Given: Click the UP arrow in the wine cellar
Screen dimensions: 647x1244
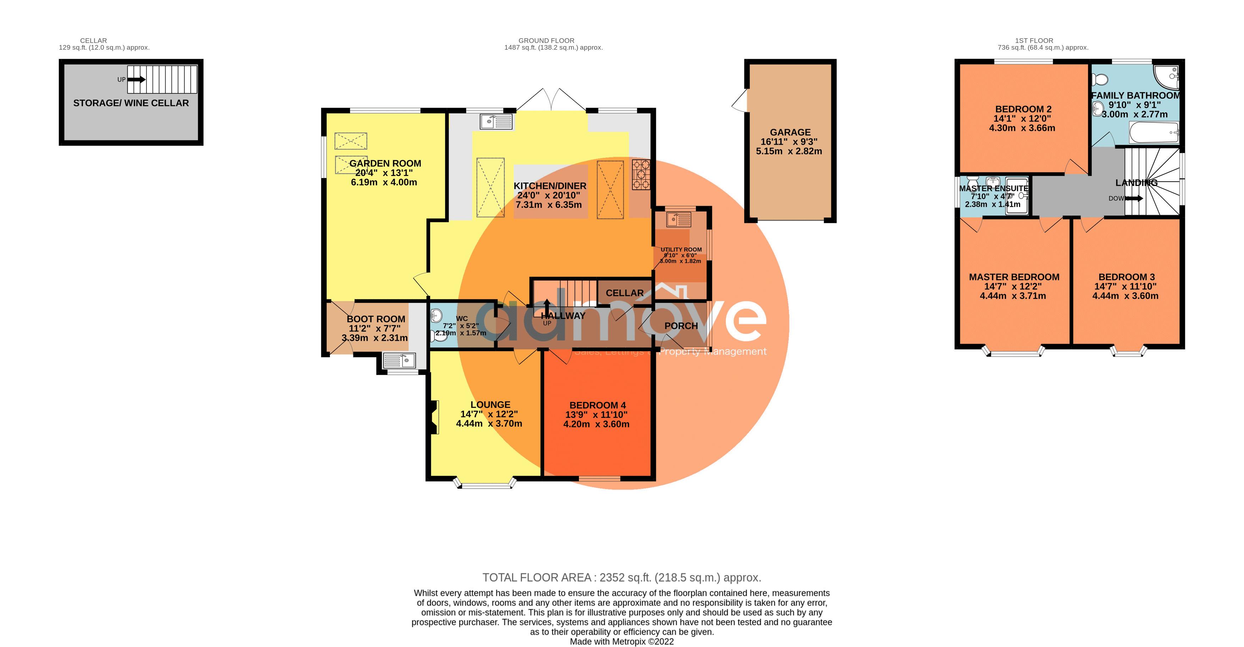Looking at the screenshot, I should pos(137,80).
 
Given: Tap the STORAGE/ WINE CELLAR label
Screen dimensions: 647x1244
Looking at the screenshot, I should pos(131,103).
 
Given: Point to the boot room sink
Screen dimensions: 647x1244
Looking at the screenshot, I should pos(399,360).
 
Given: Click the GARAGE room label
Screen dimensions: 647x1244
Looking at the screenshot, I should pos(790,132).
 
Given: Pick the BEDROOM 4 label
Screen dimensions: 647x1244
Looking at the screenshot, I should pos(597,405).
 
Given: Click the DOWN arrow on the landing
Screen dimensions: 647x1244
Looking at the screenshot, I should pos(1134,198).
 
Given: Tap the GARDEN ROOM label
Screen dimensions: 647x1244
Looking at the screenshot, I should pos(385,163).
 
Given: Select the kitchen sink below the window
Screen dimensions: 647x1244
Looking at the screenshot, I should pos(497,122).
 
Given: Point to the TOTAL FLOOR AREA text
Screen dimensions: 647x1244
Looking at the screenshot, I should pos(621,577).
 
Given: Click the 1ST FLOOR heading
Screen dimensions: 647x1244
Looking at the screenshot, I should pos(1034,40).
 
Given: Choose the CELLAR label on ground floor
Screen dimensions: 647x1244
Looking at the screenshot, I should pos(624,293).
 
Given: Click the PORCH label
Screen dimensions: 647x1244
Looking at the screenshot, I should pos(681,326).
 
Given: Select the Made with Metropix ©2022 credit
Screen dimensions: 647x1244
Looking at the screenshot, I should pos(621,642).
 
